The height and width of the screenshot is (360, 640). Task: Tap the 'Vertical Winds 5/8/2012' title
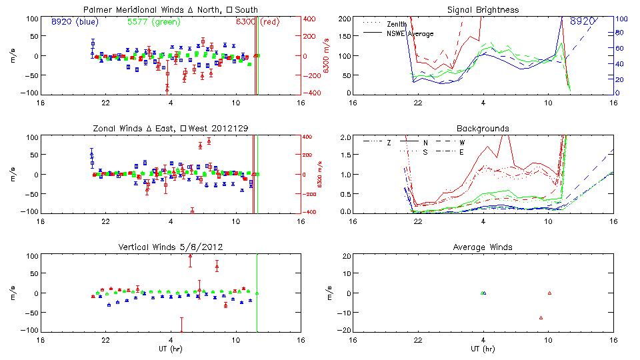tap(170, 247)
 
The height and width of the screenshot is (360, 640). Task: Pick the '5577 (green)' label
tap(151, 21)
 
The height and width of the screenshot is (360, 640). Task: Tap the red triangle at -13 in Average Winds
tap(541, 318)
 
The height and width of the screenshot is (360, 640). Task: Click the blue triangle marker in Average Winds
tap(485, 293)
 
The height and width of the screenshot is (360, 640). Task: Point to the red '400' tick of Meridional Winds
tap(311, 18)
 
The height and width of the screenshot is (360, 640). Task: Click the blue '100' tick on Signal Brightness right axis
tap(619, 19)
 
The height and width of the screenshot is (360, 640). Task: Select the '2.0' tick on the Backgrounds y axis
tap(344, 137)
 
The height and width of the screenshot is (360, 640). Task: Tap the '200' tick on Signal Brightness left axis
tap(342, 19)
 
